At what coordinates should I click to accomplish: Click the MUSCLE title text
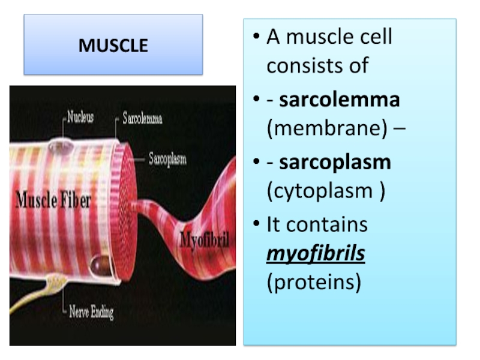113,46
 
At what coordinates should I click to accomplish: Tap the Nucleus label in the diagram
80,117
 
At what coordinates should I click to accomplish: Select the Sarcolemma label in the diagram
142,118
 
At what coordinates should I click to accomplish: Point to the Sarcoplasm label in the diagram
167,159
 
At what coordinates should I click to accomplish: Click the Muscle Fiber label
53,200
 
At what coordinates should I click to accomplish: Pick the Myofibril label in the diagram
205,239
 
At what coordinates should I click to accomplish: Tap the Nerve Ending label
91,312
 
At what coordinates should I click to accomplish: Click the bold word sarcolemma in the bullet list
340,100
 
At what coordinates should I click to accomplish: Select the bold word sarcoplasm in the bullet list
335,162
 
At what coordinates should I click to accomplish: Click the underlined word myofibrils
316,253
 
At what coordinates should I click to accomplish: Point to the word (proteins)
314,282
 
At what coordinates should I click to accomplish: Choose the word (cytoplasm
320,191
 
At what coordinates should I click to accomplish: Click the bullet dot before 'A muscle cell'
256,36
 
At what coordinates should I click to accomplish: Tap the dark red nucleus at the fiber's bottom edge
101,265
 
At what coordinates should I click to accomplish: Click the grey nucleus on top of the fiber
61,146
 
